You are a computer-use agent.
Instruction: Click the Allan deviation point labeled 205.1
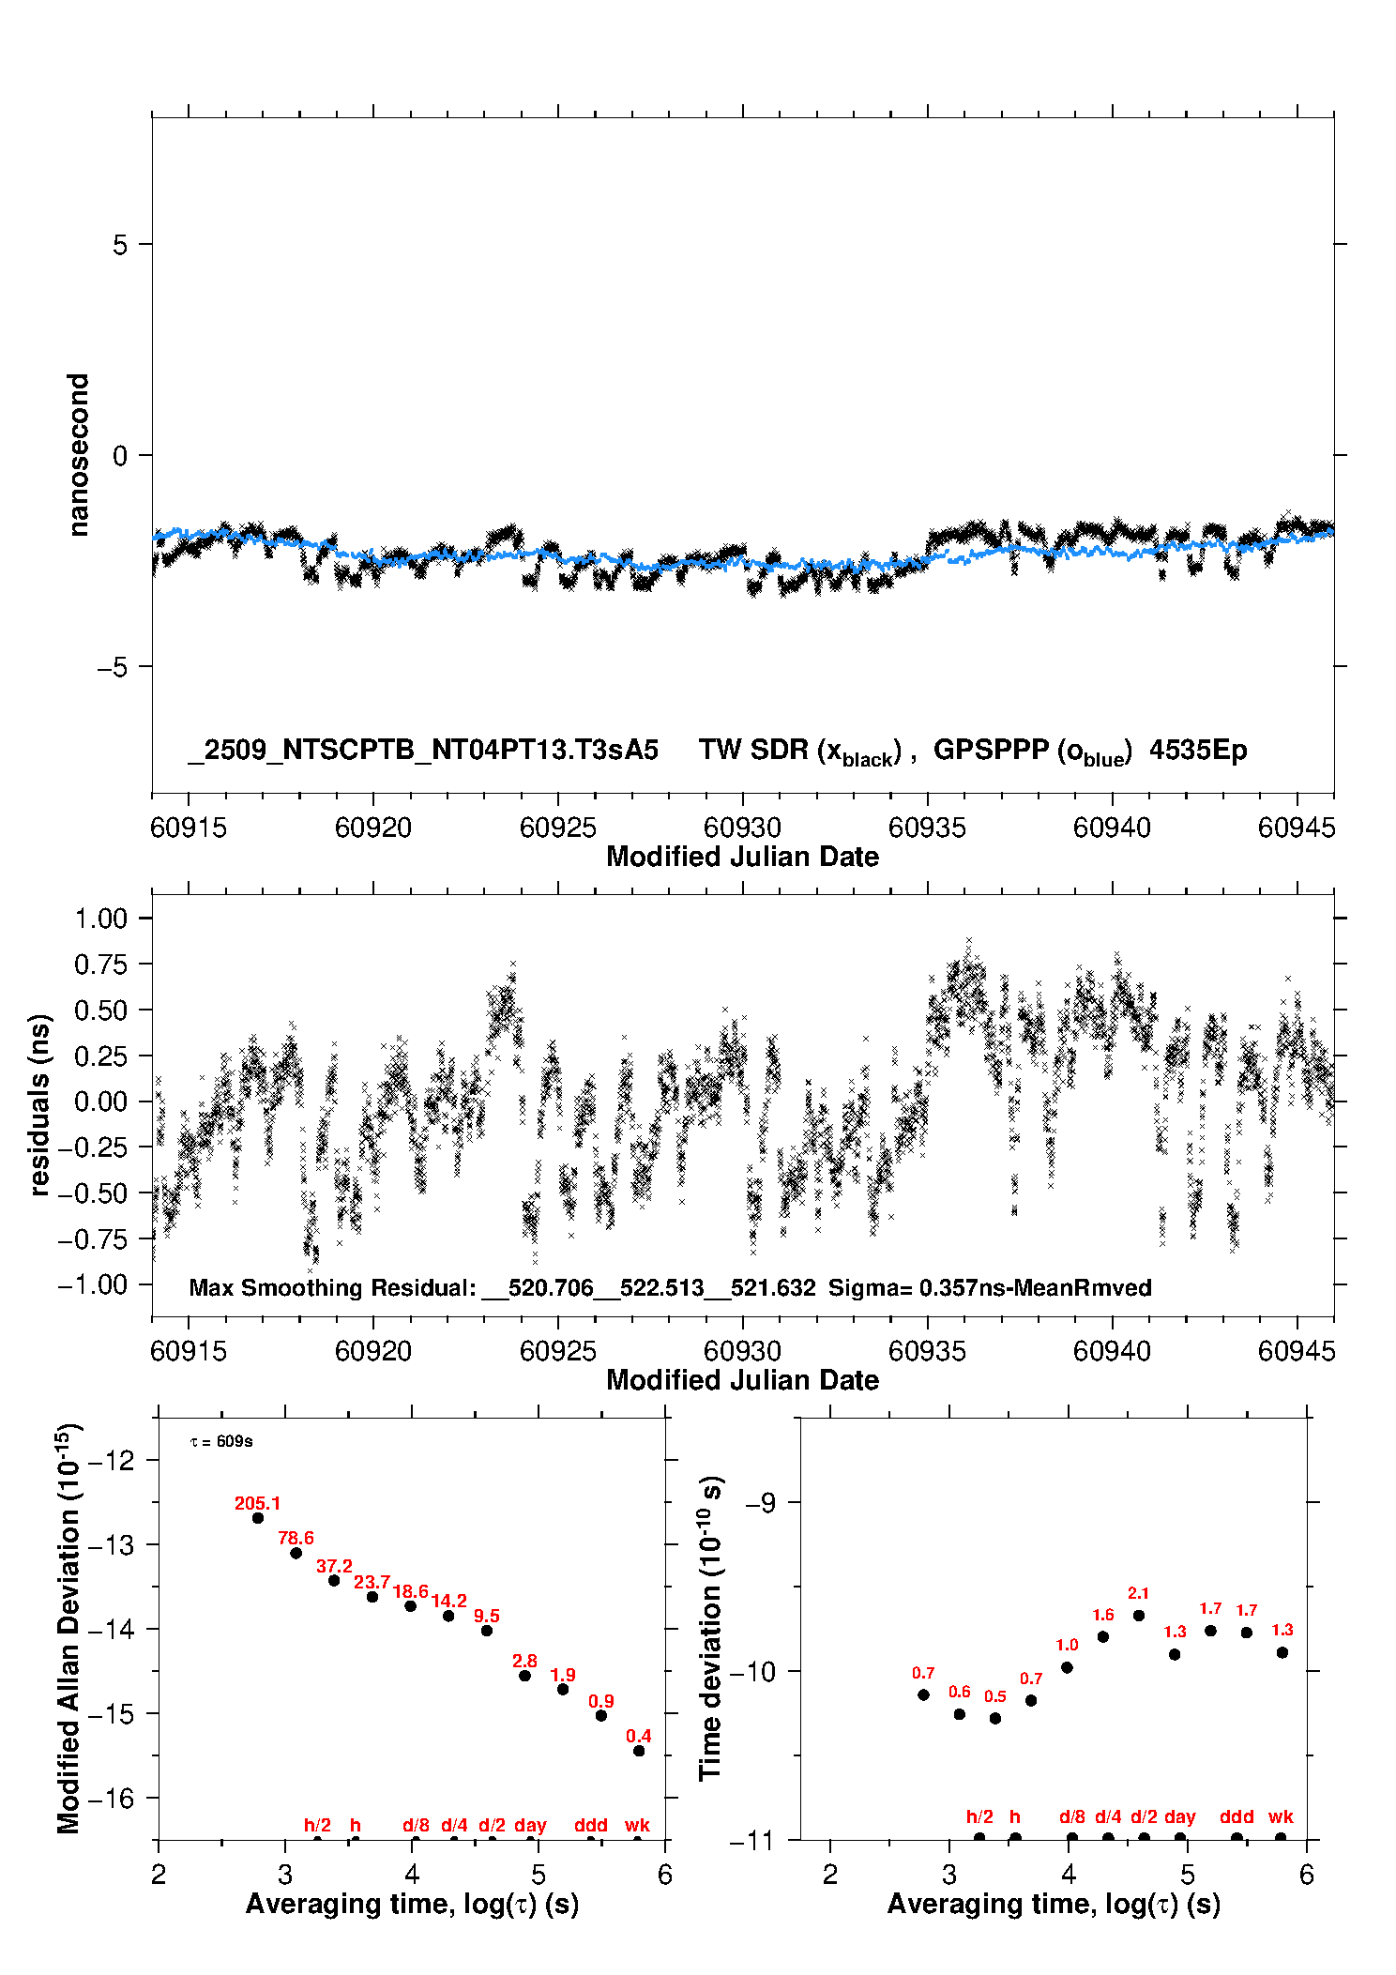[x=258, y=1518]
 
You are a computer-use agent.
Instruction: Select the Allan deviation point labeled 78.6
[x=296, y=1553]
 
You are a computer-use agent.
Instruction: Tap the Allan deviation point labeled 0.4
[x=639, y=1751]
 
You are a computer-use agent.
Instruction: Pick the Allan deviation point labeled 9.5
[x=487, y=1631]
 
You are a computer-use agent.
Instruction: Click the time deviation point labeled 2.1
[x=1139, y=1616]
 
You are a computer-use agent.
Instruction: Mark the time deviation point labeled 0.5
[x=995, y=1719]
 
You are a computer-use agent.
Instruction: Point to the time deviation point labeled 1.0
[x=1067, y=1667]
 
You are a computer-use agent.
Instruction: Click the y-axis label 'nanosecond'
[x=78, y=455]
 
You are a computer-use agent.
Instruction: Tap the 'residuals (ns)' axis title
[x=39, y=1104]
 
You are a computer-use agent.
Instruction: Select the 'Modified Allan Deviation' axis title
[x=68, y=1628]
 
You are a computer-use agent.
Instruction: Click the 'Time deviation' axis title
[x=710, y=1628]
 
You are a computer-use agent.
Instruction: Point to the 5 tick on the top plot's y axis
[x=120, y=245]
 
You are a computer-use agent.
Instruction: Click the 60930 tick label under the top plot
[x=742, y=828]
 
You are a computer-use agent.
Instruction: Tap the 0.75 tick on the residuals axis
[x=100, y=964]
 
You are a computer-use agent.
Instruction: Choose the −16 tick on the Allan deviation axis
[x=111, y=1798]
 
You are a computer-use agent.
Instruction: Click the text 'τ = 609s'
[x=221, y=1441]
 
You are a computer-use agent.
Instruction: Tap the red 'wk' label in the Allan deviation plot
[x=637, y=1825]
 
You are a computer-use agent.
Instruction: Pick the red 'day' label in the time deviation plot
[x=1179, y=1816]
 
